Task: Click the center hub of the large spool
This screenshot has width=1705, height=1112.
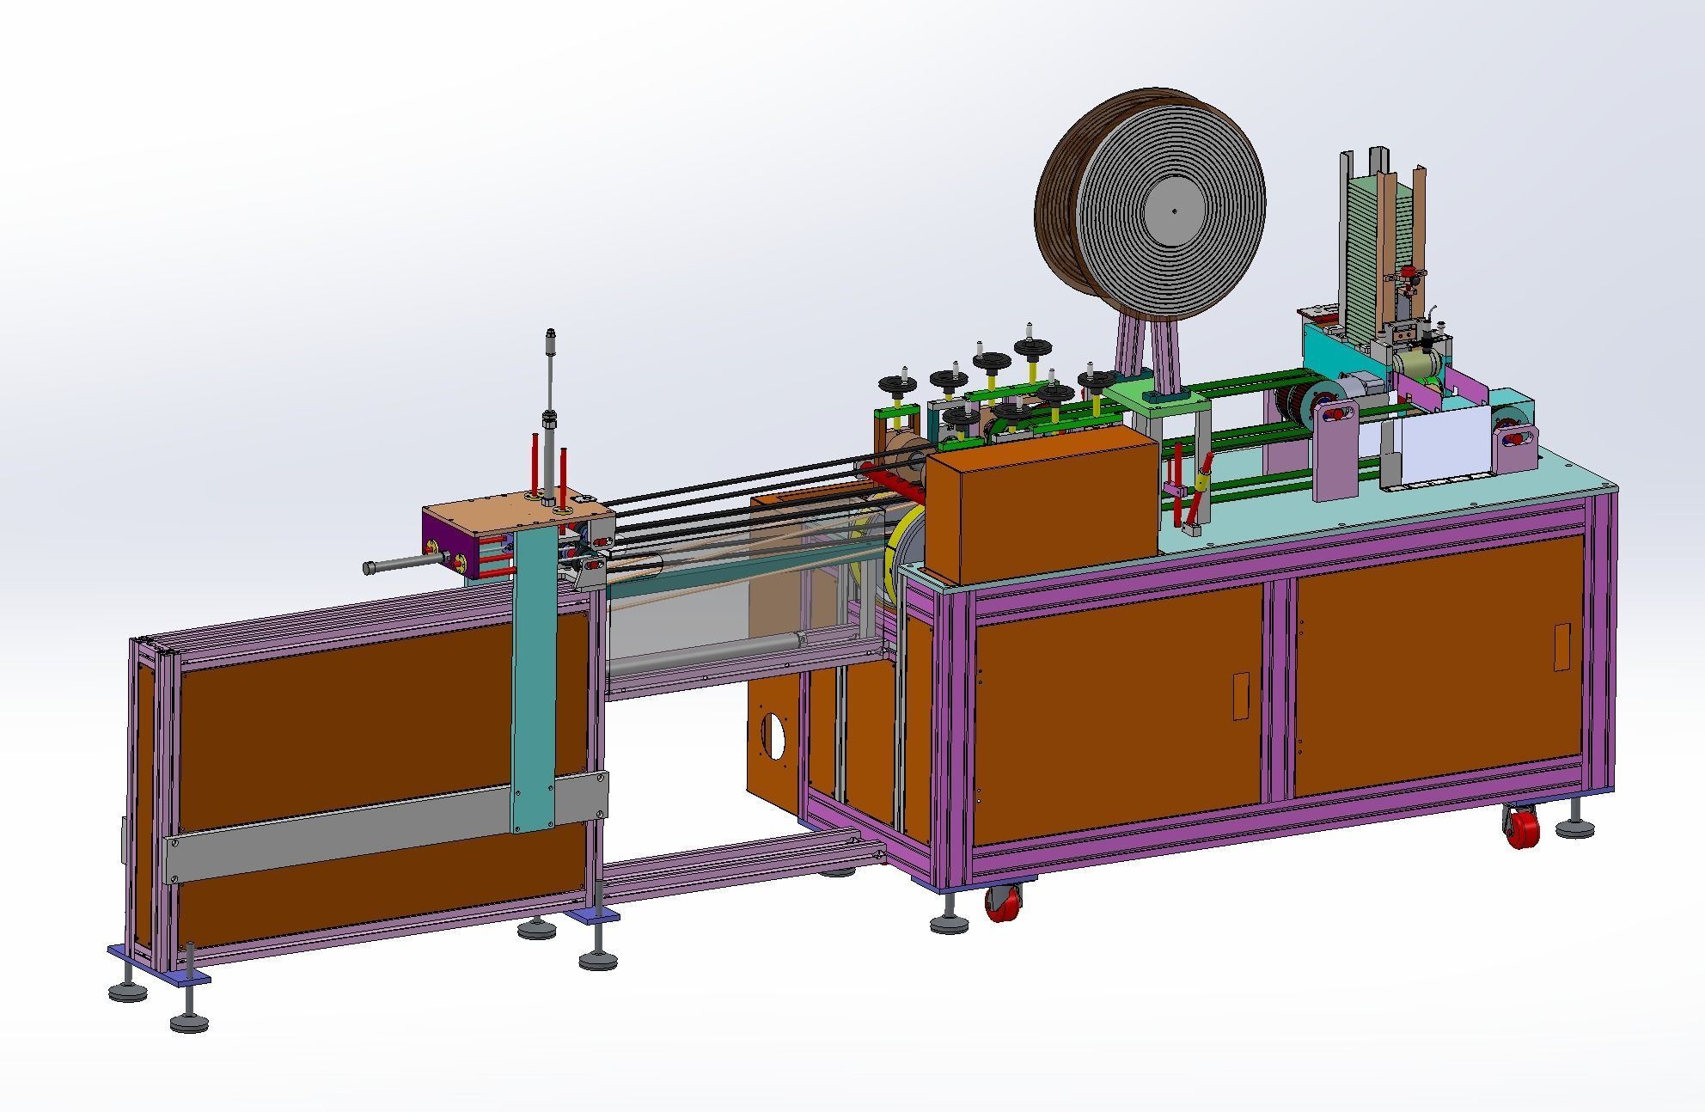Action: coord(1173,211)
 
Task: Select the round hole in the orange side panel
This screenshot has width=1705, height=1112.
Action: coord(773,736)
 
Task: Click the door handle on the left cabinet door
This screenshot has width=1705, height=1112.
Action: coord(1241,695)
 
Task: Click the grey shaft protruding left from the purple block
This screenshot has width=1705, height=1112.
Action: coord(400,566)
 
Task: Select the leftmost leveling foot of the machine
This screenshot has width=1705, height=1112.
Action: coord(127,991)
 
